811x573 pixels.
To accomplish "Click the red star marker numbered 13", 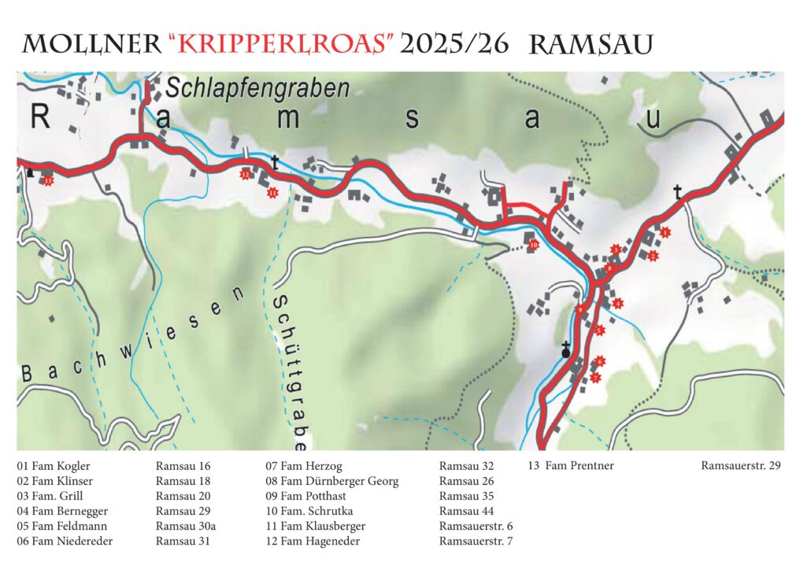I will (49, 181).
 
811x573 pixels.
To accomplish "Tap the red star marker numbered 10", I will (533, 245).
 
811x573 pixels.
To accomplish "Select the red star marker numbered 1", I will (665, 232).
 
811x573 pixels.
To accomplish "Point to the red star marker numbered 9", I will (580, 310).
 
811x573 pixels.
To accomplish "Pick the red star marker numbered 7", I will (595, 378).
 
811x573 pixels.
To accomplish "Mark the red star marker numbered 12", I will (246, 175).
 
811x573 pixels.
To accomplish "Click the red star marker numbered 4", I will (618, 303).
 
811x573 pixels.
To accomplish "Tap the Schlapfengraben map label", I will (257, 88).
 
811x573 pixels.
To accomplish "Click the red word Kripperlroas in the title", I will (280, 44).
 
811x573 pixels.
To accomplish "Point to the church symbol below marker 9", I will (565, 351).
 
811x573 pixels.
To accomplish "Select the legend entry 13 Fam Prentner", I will (570, 466).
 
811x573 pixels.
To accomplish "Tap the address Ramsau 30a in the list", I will (183, 526).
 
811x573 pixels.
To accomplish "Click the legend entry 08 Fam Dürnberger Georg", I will (331, 481).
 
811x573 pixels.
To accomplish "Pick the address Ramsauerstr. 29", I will (740, 466).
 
